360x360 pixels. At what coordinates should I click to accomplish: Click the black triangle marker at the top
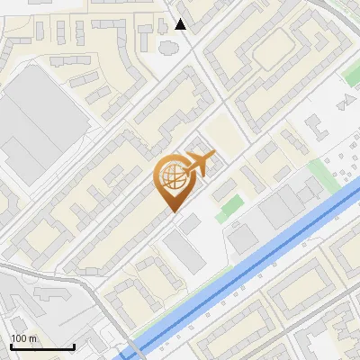pyautogui.click(x=181, y=24)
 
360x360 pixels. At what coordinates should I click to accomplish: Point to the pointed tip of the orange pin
pyautogui.click(x=172, y=211)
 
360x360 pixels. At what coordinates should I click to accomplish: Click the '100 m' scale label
pyautogui.click(x=24, y=338)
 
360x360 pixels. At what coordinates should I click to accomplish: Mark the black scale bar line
pyautogui.click(x=41, y=347)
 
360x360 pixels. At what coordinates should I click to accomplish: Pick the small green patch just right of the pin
pyautogui.click(x=229, y=204)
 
